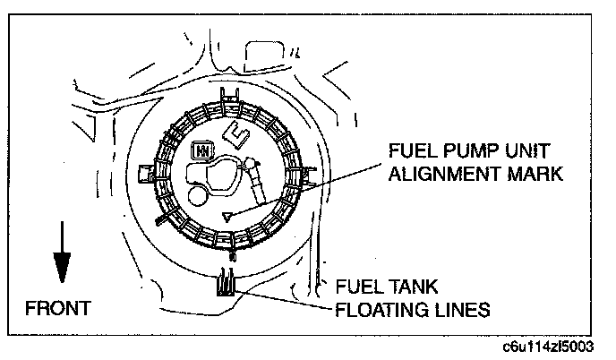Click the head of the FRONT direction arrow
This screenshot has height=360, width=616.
point(61,268)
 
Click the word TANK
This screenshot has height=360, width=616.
point(411,287)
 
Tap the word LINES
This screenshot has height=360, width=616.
point(464,311)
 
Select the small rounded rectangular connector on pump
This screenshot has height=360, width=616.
point(205,150)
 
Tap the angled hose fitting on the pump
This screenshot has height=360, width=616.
point(252,176)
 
